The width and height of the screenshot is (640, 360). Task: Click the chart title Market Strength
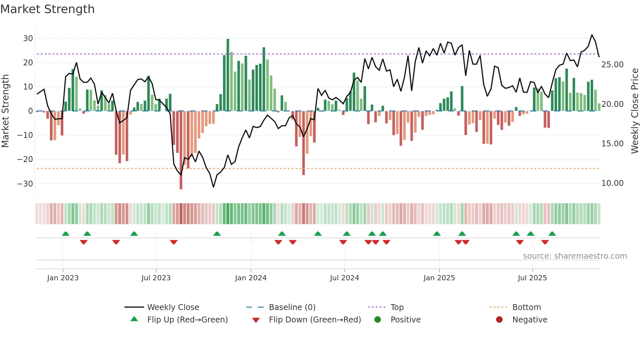pyautogui.click(x=47, y=9)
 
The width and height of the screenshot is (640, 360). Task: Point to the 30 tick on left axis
pyautogui.click(x=28, y=39)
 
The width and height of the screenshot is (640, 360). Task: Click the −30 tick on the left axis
pyautogui.click(x=25, y=184)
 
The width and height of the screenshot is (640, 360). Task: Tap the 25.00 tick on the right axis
pyautogui.click(x=612, y=65)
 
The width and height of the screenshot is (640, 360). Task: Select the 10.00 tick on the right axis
pyautogui.click(x=612, y=183)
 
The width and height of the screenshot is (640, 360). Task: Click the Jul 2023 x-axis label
pyautogui.click(x=156, y=278)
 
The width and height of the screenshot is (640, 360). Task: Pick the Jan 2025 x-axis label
pyautogui.click(x=439, y=278)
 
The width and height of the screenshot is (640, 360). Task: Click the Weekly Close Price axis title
pyautogui.click(x=634, y=111)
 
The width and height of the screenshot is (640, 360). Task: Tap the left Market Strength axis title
pyautogui.click(x=5, y=111)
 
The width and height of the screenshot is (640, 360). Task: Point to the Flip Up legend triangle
pyautogui.click(x=134, y=319)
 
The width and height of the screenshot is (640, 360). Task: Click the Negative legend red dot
pyautogui.click(x=499, y=319)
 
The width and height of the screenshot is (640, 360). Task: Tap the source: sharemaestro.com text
pyautogui.click(x=575, y=256)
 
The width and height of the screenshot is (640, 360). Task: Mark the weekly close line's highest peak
pyautogui.click(x=592, y=35)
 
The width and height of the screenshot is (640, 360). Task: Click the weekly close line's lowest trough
pyautogui.click(x=214, y=187)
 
